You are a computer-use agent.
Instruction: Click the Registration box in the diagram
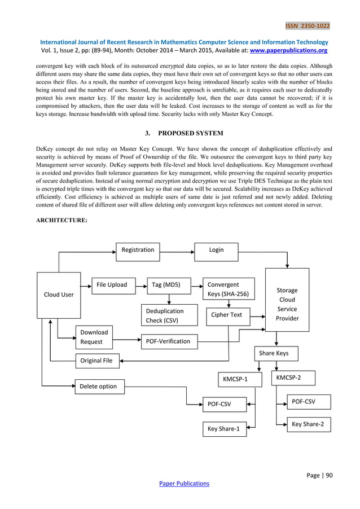pos(138,250)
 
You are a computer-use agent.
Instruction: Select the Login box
pos(216,250)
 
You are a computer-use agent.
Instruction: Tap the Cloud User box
pos(59,295)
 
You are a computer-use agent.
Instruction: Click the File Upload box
pos(112,285)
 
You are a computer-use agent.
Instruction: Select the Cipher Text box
pos(227,315)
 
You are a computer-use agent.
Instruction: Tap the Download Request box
pos(94,337)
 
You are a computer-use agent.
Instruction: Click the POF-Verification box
pos(168,341)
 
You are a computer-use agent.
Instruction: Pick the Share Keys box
pos(274,353)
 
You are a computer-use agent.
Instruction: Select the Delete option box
pos(99,387)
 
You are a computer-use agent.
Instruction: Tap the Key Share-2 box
pos(308,424)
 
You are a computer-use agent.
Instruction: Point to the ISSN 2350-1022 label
pos(308,26)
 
